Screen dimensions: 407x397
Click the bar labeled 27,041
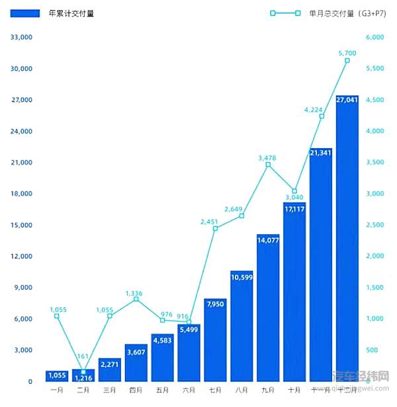point(347,238)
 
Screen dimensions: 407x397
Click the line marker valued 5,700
point(347,60)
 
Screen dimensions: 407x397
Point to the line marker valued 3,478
point(268,164)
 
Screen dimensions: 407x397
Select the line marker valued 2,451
point(215,228)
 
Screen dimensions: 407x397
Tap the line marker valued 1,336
point(136,299)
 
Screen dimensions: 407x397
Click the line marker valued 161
point(83,372)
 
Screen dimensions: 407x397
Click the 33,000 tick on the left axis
point(22,38)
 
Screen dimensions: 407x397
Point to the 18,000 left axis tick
point(22,194)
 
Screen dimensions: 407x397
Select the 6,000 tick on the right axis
point(375,38)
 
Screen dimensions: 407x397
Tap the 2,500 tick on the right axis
point(375,225)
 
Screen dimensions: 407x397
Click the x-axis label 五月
point(162,390)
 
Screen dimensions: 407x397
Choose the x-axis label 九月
point(268,390)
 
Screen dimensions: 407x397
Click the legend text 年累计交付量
point(71,13)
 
